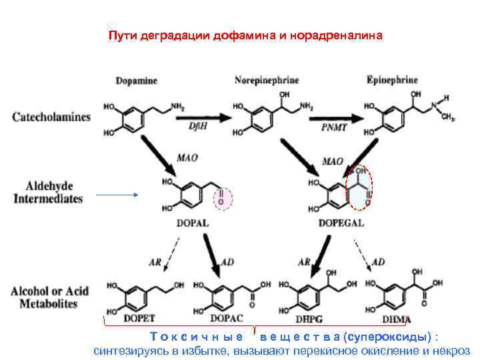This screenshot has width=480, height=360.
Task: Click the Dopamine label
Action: point(136,81)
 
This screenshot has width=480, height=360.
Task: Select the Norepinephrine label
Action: point(267,81)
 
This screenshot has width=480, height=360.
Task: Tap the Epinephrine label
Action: point(392,81)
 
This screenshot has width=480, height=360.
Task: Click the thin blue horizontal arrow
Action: point(117,195)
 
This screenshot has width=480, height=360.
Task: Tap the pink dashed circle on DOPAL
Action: point(222,197)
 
